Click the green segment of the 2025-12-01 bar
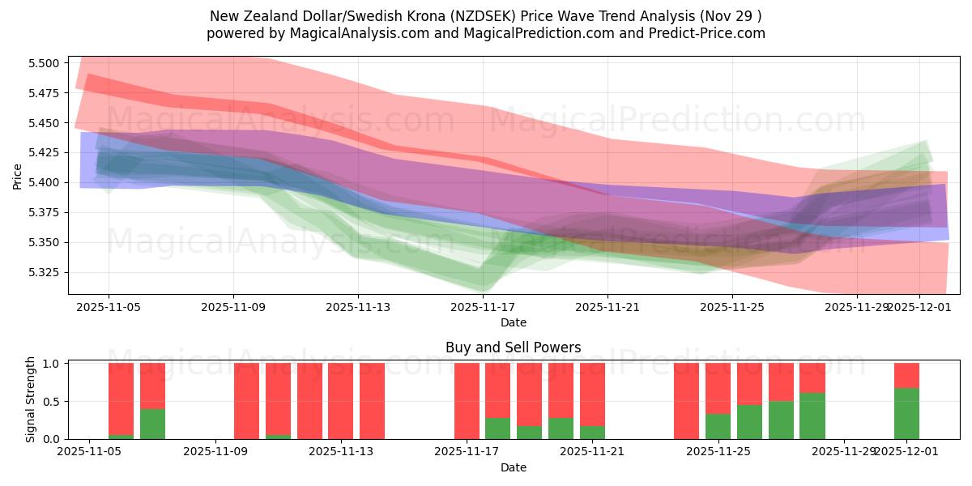(x=906, y=414)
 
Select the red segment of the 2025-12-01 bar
(x=906, y=375)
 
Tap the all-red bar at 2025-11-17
(x=467, y=401)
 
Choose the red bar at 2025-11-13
(x=341, y=401)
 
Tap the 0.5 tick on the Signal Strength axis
(x=53, y=402)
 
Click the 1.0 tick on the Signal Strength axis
(x=53, y=364)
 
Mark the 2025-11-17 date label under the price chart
(x=484, y=307)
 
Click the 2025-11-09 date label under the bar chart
(x=216, y=451)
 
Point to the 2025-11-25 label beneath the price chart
(x=732, y=307)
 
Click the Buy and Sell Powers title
(x=514, y=347)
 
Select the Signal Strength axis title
(x=31, y=399)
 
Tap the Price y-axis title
(x=18, y=175)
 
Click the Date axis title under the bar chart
(x=514, y=467)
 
